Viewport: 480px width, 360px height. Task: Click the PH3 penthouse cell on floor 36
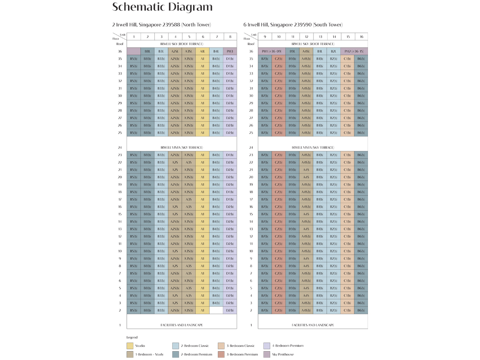[x=230, y=51]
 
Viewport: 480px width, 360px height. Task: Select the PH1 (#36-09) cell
[x=271, y=51]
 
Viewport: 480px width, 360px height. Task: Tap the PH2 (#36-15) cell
[x=354, y=51]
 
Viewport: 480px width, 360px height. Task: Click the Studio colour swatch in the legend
[x=130, y=346]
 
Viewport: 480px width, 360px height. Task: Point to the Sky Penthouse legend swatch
[x=267, y=354]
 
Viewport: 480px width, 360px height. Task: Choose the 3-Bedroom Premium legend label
[x=242, y=354]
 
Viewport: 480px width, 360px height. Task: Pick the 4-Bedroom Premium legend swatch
[x=267, y=346]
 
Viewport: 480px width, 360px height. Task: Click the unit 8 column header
[x=230, y=37]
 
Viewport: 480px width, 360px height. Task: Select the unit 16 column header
[x=361, y=37]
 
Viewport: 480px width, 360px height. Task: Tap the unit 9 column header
[x=265, y=37]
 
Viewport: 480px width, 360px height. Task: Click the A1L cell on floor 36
[x=202, y=51]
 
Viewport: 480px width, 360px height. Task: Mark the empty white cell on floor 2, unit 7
[x=216, y=310]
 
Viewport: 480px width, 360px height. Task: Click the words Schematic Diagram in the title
[x=162, y=7]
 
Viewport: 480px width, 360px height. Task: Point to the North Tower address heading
[x=161, y=24]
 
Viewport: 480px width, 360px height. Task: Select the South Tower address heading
[x=293, y=24]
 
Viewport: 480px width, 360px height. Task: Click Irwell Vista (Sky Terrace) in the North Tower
[x=181, y=147]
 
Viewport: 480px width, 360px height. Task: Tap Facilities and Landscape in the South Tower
[x=313, y=325]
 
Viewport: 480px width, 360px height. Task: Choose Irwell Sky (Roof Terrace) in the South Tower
[x=313, y=44]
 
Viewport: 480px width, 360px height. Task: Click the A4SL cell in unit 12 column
[x=306, y=51]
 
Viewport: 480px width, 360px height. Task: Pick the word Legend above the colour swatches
[x=132, y=337]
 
